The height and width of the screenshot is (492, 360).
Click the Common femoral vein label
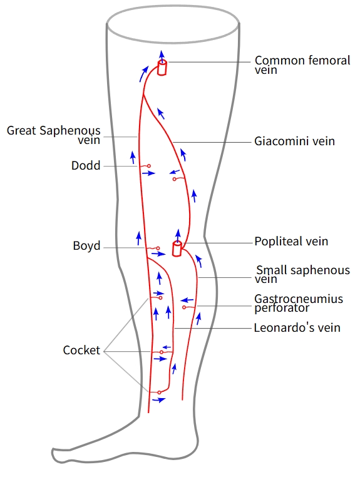coord(302,65)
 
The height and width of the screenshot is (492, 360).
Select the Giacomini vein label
coord(294,141)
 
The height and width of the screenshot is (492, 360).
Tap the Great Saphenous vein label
coord(54,135)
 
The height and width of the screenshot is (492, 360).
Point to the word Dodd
coord(86,165)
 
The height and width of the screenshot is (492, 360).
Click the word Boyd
coord(86,245)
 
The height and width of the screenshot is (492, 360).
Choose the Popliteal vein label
coord(291,241)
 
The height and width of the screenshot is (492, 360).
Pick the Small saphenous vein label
coord(302,274)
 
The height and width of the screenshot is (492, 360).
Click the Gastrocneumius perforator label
coord(299,303)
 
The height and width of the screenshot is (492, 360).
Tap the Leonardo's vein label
coord(297,327)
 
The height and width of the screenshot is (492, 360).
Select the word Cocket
coord(81,350)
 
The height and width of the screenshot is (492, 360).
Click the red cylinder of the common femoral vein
coord(162,68)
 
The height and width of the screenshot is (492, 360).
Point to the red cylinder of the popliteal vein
coord(177,249)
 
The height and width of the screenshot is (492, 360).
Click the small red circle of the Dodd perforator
coord(149,166)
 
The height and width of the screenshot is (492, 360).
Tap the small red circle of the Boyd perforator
coord(158,249)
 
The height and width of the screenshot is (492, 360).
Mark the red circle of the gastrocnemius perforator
coord(184,307)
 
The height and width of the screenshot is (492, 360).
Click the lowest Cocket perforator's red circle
coord(159,392)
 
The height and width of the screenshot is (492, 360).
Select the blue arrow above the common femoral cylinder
coord(162,56)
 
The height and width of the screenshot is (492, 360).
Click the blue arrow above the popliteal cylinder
coord(178,236)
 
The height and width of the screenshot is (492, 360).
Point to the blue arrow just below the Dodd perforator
coord(148,173)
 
